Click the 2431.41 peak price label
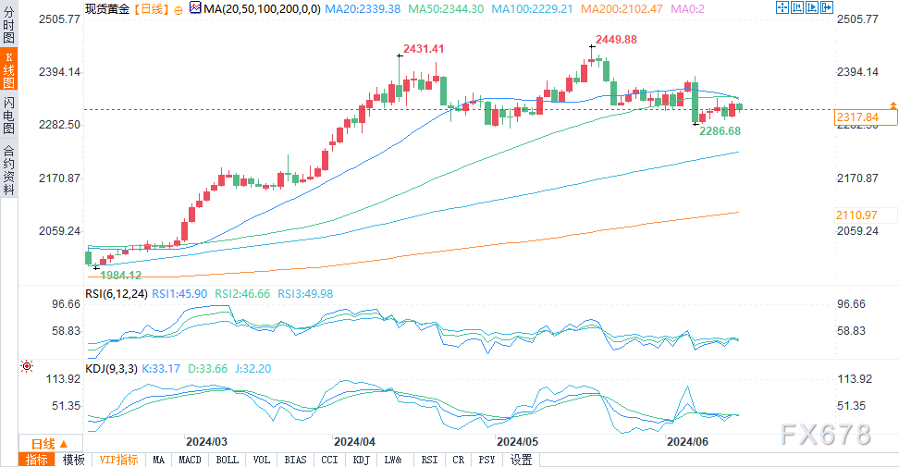[424, 48]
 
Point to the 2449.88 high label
[615, 40]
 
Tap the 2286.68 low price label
[719, 131]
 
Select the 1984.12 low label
[121, 275]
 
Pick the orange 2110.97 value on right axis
[856, 215]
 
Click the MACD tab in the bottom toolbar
[190, 460]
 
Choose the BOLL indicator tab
[227, 460]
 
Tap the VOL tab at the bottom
[262, 460]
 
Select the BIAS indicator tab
[295, 460]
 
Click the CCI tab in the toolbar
[329, 460]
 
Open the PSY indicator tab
[486, 460]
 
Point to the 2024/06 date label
[689, 442]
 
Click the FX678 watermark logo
[825, 434]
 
